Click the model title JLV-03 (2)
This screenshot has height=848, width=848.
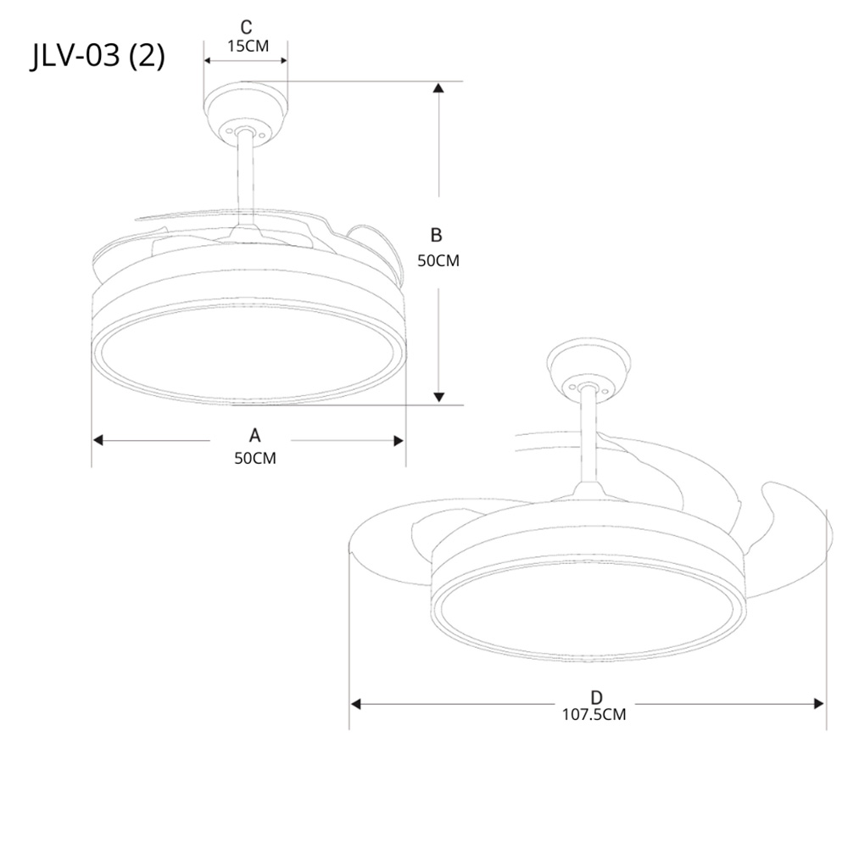coord(98,56)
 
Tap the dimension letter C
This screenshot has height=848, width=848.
coord(246,27)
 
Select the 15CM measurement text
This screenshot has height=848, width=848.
coord(248,46)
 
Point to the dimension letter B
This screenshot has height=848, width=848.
coord(436,235)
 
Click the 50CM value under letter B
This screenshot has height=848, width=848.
coord(438,260)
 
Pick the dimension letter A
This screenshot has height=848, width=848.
coord(254,435)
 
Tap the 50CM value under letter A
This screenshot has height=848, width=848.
coord(254,459)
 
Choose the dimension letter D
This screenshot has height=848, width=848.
coord(596,697)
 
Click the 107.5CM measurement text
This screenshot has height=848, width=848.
coord(594,714)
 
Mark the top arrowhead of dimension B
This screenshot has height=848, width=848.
coord(438,87)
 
